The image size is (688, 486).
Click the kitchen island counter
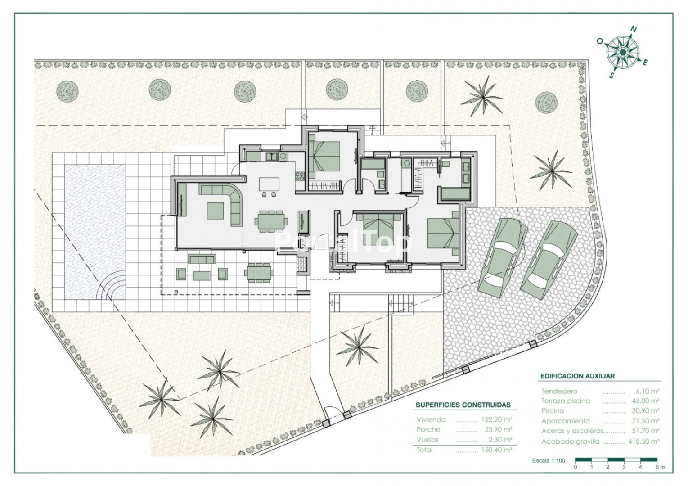pyautogui.click(x=270, y=184)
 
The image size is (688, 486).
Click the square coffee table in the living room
pyautogui.click(x=215, y=211)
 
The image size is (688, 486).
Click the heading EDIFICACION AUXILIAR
pyautogui.click(x=577, y=376)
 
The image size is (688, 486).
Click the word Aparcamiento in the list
pyautogui.click(x=566, y=421)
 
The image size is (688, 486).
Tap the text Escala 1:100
pyautogui.click(x=549, y=460)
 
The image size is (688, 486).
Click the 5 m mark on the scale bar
pyautogui.click(x=661, y=467)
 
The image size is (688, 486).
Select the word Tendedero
pyautogui.click(x=559, y=391)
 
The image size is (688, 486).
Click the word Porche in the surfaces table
pyautogui.click(x=428, y=429)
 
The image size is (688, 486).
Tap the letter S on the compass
pyautogui.click(x=612, y=75)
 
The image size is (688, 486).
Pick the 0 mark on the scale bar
pyautogui.click(x=575, y=467)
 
